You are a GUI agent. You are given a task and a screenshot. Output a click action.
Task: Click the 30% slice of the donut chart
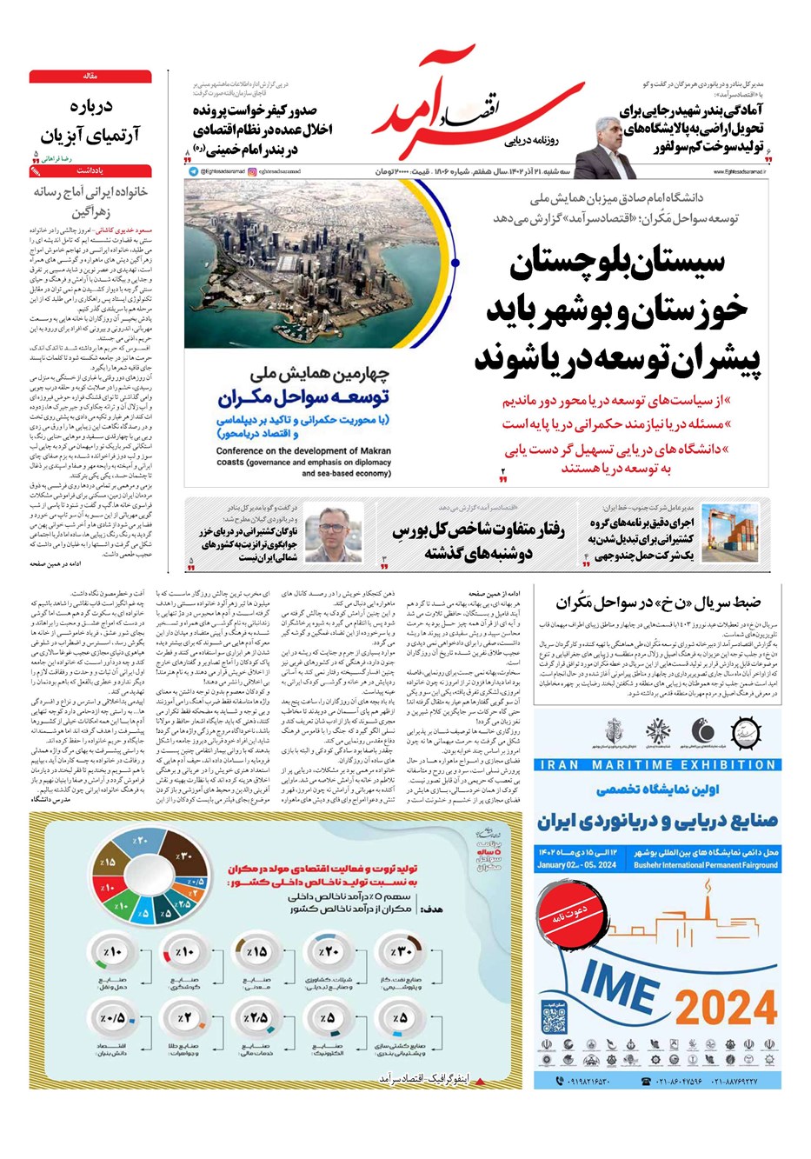pos(185,856)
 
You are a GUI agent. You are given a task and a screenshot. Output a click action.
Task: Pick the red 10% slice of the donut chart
pos(109,888)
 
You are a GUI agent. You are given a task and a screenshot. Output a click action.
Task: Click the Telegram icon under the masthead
pos(193,172)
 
